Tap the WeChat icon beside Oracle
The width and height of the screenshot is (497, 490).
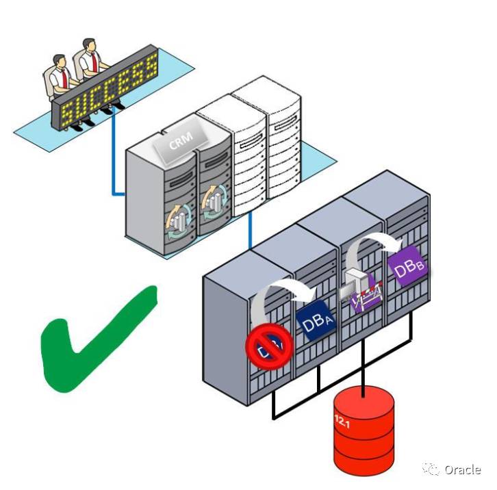(431, 469)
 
